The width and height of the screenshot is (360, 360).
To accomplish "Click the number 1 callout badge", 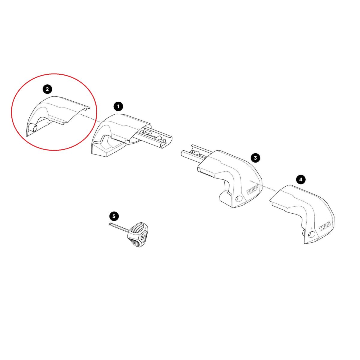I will click(118, 106).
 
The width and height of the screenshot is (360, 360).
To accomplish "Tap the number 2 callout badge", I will click(47, 89).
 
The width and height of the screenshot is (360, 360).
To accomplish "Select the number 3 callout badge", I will click(255, 158).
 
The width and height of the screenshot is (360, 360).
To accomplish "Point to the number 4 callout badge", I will click(301, 179).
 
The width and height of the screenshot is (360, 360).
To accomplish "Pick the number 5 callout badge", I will click(114, 216).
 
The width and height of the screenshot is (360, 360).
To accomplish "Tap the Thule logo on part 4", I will click(325, 226).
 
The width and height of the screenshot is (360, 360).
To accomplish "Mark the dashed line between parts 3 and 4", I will click(264, 186).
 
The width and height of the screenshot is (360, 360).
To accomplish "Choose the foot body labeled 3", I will click(231, 177).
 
